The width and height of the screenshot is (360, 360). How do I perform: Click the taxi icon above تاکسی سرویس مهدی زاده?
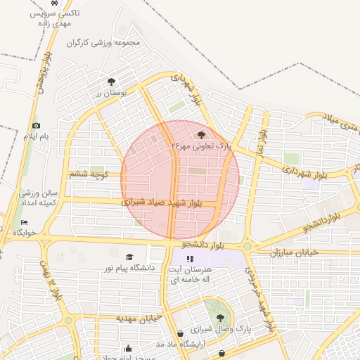click(x=65, y=3)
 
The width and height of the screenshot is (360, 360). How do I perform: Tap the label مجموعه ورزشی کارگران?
click(x=104, y=44)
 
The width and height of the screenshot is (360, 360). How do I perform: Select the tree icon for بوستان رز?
click(x=111, y=82)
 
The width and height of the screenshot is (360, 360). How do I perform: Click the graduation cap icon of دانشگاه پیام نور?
click(x=129, y=257)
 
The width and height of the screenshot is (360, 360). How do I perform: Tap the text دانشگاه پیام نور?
click(x=129, y=269)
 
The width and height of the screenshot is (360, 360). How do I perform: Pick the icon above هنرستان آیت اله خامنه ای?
click(x=189, y=259)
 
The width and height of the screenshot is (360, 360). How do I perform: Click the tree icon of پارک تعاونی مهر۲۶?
click(x=201, y=134)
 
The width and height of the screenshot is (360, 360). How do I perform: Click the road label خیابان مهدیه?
click(x=139, y=318)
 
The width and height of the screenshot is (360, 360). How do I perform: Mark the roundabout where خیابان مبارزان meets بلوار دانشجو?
click(x=247, y=247)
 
